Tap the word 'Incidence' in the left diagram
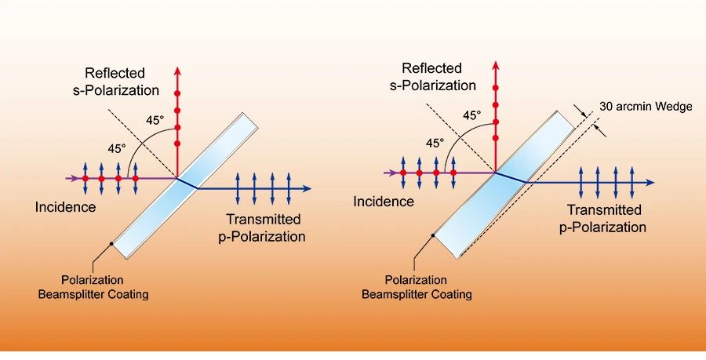65,207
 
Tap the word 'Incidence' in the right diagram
384,202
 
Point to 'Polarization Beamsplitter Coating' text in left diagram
104,287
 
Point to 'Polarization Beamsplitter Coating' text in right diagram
417,287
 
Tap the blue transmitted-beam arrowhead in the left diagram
307,188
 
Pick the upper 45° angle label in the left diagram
155,120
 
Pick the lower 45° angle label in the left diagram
115,147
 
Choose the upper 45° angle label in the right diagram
471,115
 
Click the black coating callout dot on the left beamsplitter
112,244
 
